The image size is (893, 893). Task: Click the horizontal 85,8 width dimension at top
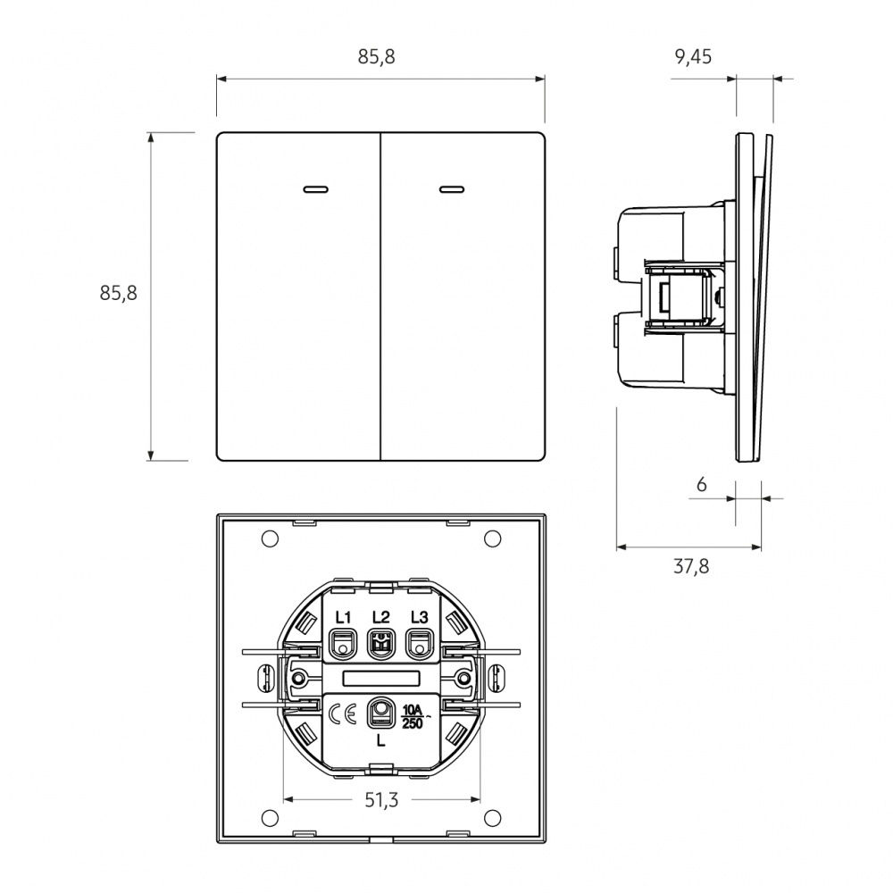[376, 57]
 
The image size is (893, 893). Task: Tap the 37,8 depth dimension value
[691, 566]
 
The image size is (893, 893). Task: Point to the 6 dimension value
[701, 485]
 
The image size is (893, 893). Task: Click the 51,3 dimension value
[380, 800]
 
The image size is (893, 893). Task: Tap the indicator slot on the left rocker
[315, 189]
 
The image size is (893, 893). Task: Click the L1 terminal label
[343, 617]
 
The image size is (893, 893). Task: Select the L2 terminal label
[380, 617]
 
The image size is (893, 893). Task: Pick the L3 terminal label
[419, 617]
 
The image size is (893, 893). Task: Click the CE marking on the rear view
[343, 714]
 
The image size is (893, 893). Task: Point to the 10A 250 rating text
[414, 715]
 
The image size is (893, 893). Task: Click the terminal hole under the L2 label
[380, 643]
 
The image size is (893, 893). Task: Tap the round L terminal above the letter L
[381, 712]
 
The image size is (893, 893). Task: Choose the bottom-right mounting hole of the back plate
[491, 817]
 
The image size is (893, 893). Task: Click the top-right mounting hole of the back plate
[491, 538]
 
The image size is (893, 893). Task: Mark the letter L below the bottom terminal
[381, 740]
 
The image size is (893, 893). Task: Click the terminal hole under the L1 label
[343, 643]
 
